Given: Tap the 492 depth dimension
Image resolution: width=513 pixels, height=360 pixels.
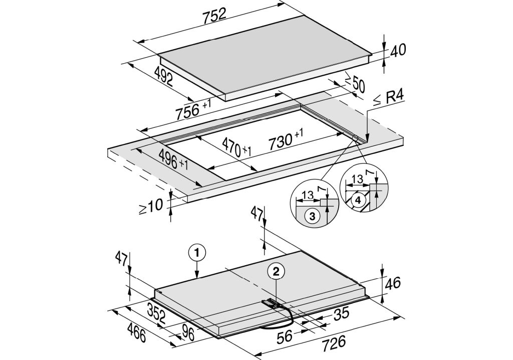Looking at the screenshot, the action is pos(163,76).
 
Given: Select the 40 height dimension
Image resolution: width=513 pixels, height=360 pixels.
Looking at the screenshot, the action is pos(398,50).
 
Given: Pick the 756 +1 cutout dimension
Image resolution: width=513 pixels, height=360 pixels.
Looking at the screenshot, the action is pos(193,109).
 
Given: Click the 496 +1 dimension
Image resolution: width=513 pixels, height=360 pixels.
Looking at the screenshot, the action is pos(173,159).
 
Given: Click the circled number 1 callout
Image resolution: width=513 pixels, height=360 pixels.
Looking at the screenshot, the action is pos(196,253).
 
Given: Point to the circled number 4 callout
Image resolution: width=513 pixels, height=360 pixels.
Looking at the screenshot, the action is pos(358,200).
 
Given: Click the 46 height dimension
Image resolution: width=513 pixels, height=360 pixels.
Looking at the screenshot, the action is pos(393,283).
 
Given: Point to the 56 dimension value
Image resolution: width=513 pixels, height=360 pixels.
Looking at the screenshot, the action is pos(285,337).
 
